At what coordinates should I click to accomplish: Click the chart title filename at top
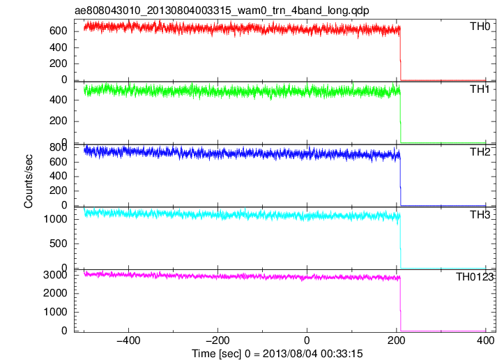tap(222, 10)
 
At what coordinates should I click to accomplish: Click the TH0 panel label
tap(480, 27)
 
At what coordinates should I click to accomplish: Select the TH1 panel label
tap(480, 89)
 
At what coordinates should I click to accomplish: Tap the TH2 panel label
tap(480, 152)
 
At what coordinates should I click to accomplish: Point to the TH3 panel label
tap(480, 215)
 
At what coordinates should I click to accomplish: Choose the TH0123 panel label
tap(475, 277)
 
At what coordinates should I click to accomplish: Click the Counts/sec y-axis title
tap(29, 181)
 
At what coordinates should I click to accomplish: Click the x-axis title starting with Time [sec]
tap(277, 354)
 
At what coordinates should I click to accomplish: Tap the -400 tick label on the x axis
tap(128, 340)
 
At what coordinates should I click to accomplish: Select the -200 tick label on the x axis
tap(217, 340)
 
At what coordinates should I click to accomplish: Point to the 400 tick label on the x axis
tap(485, 340)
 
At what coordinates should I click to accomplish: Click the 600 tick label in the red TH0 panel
tap(58, 31)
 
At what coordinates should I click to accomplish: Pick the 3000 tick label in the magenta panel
tap(55, 275)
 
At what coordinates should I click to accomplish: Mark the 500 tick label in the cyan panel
tap(58, 243)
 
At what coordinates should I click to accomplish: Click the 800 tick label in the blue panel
tap(58, 147)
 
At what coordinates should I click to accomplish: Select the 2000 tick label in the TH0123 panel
tap(55, 293)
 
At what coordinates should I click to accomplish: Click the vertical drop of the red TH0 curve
tap(401, 54)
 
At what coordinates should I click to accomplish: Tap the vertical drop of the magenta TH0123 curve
tap(401, 305)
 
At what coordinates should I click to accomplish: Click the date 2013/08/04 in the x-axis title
tap(290, 354)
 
